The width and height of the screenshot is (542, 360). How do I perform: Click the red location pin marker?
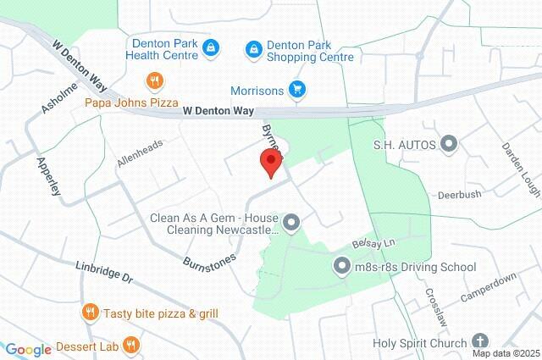270,162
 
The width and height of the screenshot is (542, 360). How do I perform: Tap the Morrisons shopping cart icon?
296,88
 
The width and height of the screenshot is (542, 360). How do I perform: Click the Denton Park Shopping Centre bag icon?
253,49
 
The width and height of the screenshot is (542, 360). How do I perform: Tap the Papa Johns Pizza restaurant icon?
154,82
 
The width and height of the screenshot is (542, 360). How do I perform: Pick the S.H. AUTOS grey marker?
449,145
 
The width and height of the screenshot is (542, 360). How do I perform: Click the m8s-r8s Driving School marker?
342,267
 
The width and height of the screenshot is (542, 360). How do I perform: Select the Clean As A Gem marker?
291,223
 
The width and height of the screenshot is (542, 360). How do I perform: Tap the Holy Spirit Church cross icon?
480,342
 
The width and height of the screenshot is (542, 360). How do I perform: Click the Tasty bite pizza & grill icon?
91,313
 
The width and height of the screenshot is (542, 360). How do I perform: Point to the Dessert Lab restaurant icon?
130,345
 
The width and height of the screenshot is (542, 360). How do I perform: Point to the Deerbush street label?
459,195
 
